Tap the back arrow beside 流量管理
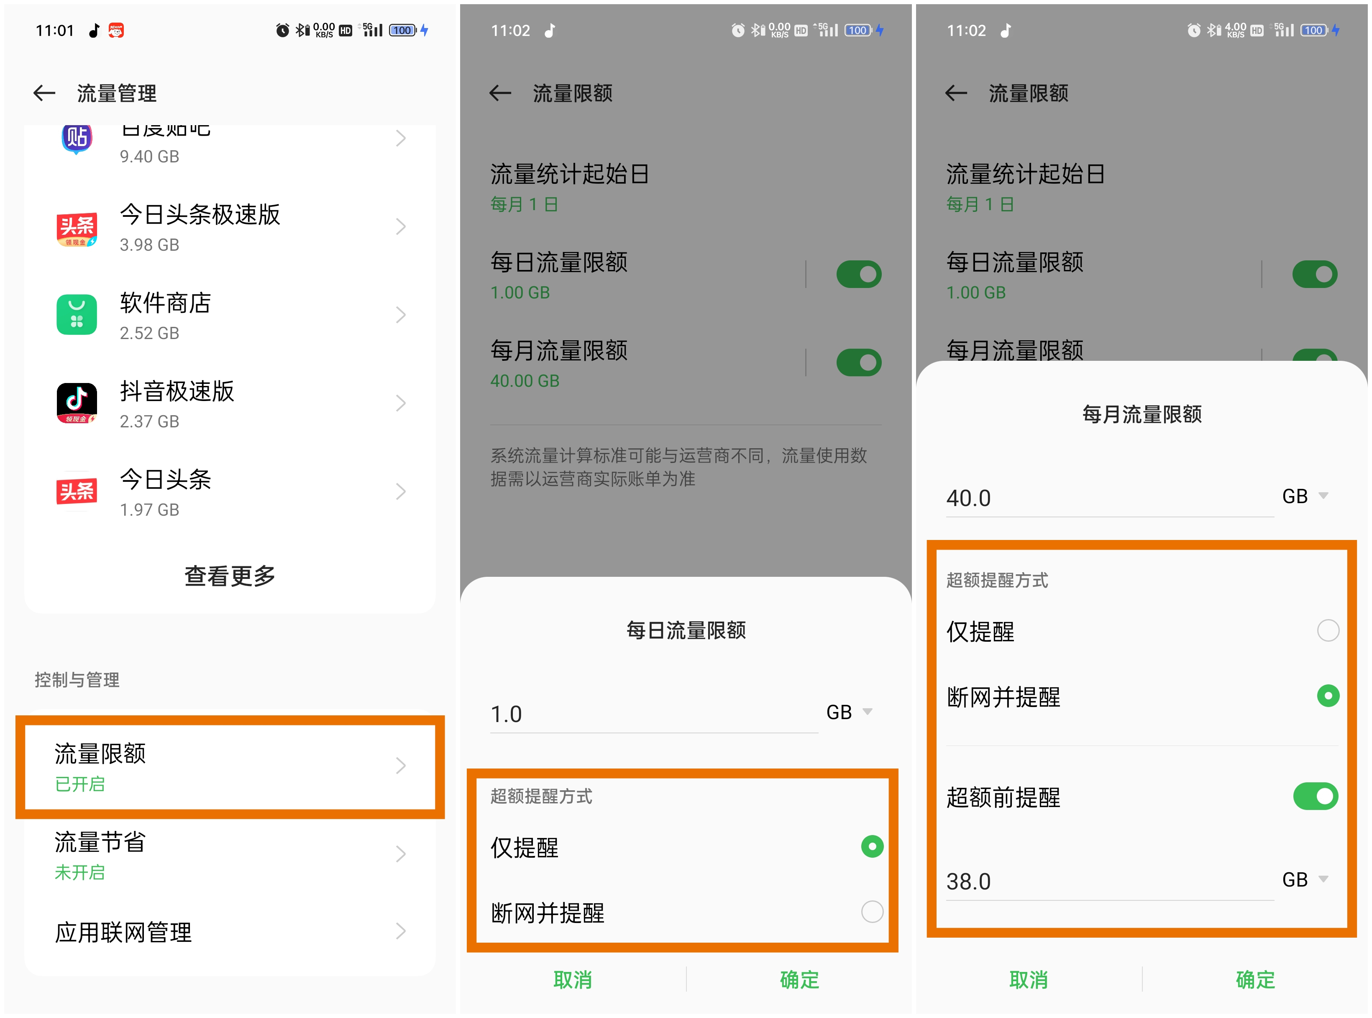(x=44, y=93)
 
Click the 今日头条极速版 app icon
(x=77, y=227)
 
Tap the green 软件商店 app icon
(x=77, y=315)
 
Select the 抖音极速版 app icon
(x=77, y=403)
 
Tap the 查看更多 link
(x=230, y=576)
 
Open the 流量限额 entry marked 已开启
(x=229, y=766)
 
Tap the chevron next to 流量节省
(x=400, y=854)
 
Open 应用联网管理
(x=229, y=932)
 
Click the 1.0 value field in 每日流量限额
(x=653, y=714)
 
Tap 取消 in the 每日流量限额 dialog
(x=572, y=979)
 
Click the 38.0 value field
(x=1108, y=881)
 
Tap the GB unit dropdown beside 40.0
(x=1304, y=496)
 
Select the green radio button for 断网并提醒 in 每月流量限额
(x=1327, y=696)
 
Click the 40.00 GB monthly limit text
(x=525, y=381)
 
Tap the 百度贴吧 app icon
(x=77, y=138)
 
